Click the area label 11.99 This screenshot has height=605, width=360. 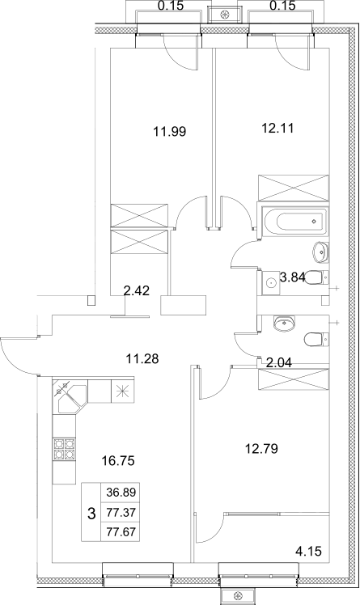[170, 130]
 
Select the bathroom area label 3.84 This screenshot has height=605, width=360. [293, 277]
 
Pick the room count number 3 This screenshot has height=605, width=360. [91, 511]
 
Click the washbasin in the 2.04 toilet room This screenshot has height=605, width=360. [283, 324]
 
